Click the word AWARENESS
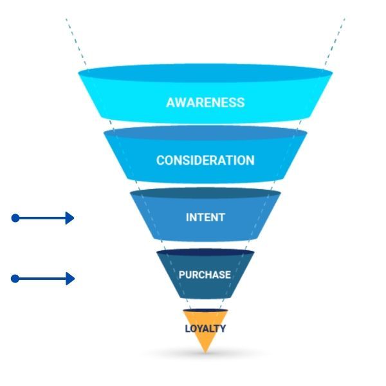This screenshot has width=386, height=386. click(205, 102)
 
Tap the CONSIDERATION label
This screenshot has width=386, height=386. click(205, 160)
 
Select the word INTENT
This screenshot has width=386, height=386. click(205, 217)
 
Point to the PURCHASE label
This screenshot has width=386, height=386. click(205, 275)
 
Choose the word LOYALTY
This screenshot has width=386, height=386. click(205, 329)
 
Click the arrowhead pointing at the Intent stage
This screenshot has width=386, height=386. click(70, 218)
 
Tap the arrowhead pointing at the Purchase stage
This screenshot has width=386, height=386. click(70, 279)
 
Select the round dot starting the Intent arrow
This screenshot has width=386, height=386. click(15, 218)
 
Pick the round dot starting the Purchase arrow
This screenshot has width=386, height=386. click(15, 279)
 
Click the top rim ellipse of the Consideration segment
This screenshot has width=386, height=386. click(205, 133)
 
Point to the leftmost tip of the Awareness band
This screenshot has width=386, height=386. click(79, 73)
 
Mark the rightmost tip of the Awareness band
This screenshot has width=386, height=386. click(332, 73)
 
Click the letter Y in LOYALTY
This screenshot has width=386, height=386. click(223, 329)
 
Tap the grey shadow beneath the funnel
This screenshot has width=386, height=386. click(205, 356)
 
